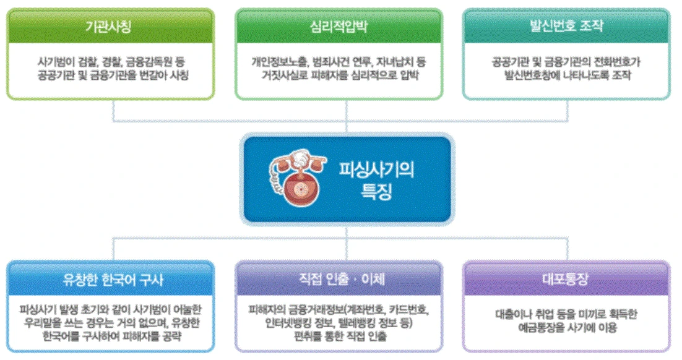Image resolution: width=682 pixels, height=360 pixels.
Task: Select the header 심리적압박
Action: [339, 27]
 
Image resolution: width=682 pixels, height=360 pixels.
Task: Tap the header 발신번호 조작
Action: [566, 27]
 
